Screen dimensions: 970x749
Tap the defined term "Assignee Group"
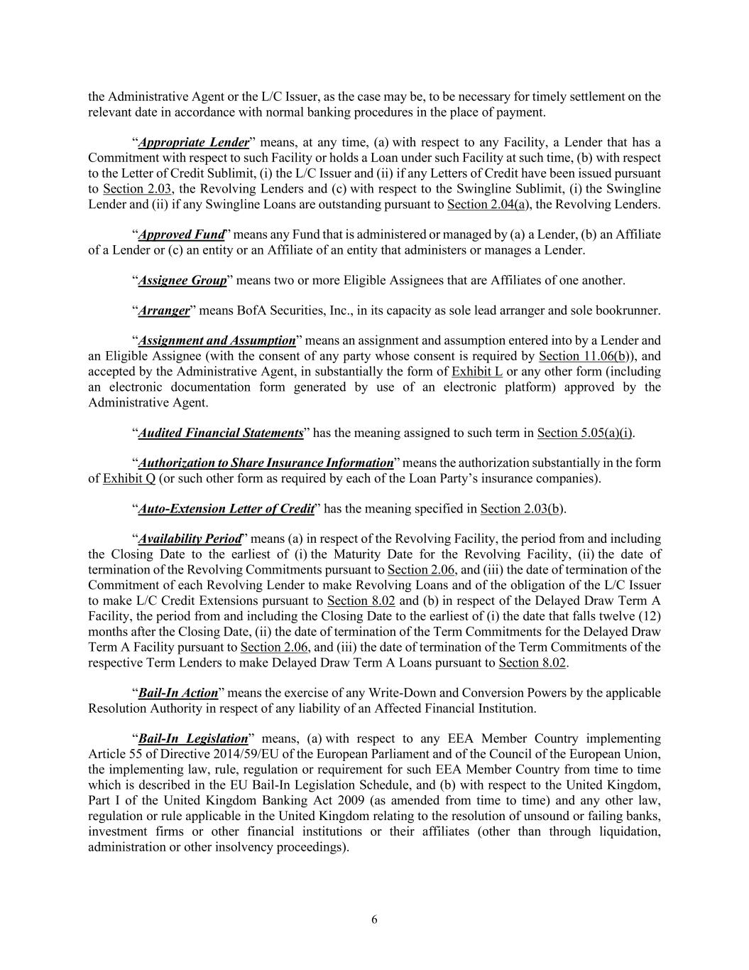182,280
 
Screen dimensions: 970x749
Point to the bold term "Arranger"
164,311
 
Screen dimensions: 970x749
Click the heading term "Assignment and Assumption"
217,340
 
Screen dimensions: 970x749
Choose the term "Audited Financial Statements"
221,433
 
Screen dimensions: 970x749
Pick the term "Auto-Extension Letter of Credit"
226,509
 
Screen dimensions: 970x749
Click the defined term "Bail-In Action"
177,693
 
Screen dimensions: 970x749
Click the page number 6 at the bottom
374,920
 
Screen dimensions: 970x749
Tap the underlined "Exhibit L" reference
477,372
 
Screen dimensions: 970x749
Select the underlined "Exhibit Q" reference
129,478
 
